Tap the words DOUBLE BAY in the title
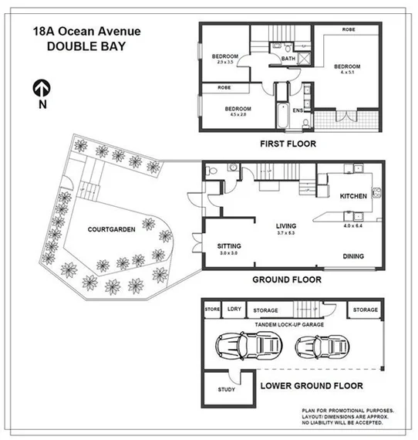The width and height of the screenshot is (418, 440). [x=80, y=46]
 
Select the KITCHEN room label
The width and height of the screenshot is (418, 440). [x=354, y=196]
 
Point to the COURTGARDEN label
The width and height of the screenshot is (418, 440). [x=113, y=229]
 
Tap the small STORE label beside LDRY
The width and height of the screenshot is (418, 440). [x=212, y=310]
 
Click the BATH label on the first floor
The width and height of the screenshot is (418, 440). [x=288, y=59]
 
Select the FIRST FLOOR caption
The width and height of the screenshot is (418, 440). [x=288, y=144]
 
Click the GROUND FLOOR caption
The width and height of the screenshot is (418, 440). [x=286, y=279]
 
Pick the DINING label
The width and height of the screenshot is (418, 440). [x=352, y=256]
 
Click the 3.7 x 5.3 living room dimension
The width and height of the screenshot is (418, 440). [x=286, y=232]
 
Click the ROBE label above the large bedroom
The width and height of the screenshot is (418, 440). [x=349, y=29]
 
